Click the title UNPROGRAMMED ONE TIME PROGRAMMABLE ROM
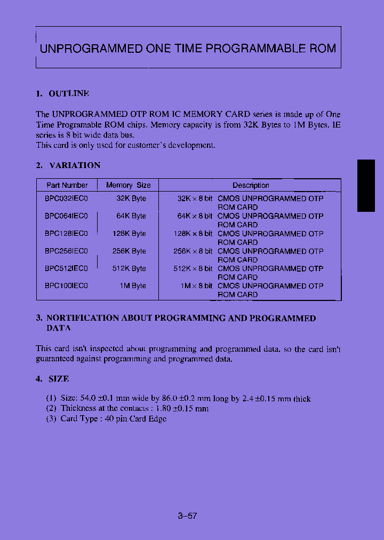click(x=188, y=49)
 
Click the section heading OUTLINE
click(x=69, y=93)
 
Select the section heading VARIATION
click(x=75, y=165)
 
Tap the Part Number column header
click(x=67, y=185)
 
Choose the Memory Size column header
click(x=128, y=185)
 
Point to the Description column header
click(x=251, y=186)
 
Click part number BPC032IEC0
click(x=66, y=198)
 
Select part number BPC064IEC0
click(x=66, y=216)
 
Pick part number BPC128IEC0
click(x=66, y=234)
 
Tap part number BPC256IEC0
click(x=66, y=251)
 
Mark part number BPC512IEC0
click(x=66, y=268)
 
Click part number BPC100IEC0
click(x=66, y=286)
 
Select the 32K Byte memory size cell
click(x=131, y=198)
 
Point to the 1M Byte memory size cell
click(x=133, y=286)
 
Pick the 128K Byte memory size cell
click(x=129, y=234)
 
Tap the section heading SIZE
click(x=59, y=379)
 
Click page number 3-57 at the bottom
click(x=188, y=516)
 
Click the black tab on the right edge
click(x=366, y=185)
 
